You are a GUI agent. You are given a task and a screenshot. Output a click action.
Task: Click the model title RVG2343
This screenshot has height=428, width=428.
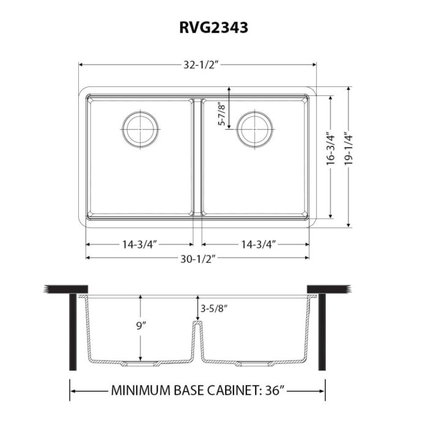tap(214, 28)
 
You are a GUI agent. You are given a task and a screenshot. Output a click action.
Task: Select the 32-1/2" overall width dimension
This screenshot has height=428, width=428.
tap(197, 64)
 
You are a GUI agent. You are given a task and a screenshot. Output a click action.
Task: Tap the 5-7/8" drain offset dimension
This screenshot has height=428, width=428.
tap(221, 113)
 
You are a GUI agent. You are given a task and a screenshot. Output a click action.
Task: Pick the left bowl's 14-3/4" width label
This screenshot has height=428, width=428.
tap(139, 245)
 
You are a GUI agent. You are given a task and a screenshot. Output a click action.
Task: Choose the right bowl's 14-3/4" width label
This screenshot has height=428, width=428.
tap(257, 245)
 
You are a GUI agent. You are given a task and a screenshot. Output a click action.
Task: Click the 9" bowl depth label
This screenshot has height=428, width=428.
tap(141, 326)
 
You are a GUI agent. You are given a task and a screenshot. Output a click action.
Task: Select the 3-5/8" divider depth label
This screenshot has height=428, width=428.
tap(215, 309)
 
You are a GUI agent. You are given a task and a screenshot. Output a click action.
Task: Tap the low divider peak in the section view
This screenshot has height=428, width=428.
tap(197, 324)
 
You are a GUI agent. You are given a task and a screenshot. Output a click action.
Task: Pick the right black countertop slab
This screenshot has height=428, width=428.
tap(329, 289)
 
